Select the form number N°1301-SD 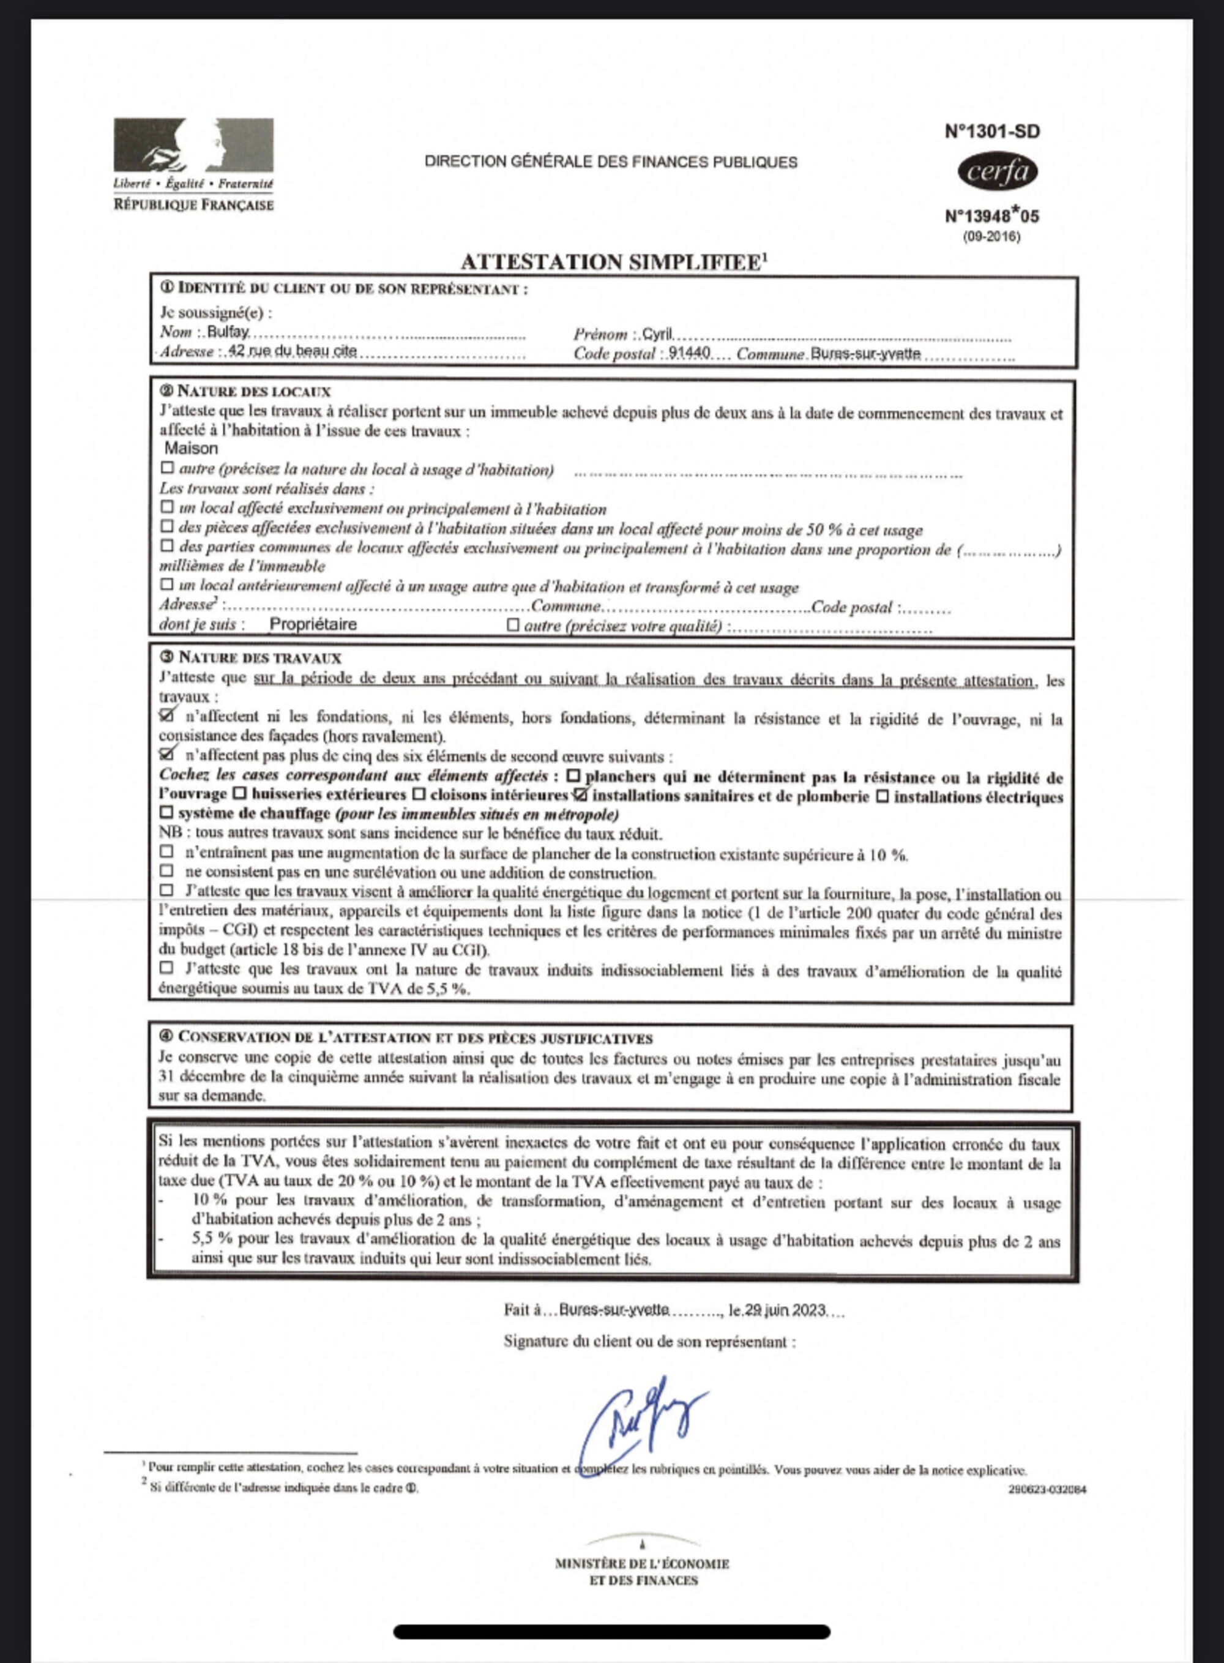tap(992, 131)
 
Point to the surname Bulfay tap(228, 332)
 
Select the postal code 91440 tap(688, 354)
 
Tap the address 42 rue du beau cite tap(293, 351)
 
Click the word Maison tap(191, 449)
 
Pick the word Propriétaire tap(313, 624)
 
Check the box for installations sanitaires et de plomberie tap(580, 795)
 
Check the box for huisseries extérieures tap(239, 794)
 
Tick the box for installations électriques tap(883, 797)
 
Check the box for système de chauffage tap(166, 813)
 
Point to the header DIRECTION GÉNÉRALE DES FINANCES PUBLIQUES tap(611, 162)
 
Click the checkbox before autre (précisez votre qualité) tap(513, 625)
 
